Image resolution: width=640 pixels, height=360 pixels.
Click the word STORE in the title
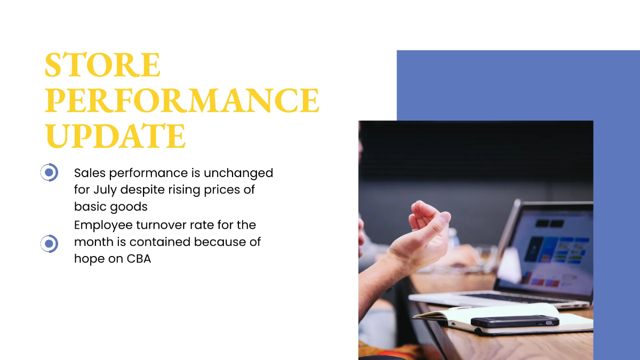click(102, 66)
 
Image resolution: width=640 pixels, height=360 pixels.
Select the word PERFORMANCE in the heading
click(182, 101)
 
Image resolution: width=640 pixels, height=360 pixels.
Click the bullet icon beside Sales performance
click(49, 173)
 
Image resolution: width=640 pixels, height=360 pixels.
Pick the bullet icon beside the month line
click(49, 244)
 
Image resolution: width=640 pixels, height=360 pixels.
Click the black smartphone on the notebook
click(515, 321)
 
